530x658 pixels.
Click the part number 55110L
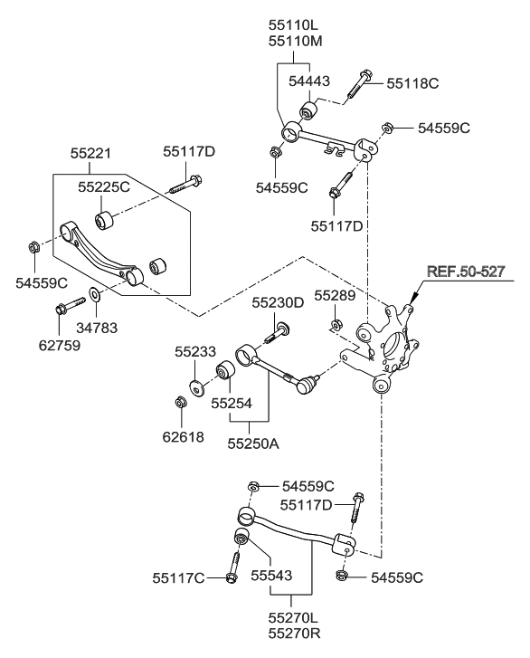(x=293, y=25)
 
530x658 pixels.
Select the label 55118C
(x=412, y=83)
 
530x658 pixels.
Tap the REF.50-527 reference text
(x=466, y=272)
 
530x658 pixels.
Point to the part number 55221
(x=90, y=153)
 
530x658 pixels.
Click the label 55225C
(x=104, y=187)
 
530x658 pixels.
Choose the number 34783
(x=97, y=328)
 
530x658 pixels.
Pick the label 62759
(x=59, y=346)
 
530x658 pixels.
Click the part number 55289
(x=335, y=295)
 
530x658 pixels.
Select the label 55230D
(x=278, y=302)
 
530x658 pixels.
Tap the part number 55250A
(x=253, y=443)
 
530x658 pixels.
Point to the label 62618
(x=184, y=437)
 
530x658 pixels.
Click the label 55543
(x=271, y=575)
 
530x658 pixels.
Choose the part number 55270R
(x=294, y=634)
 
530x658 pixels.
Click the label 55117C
(x=178, y=578)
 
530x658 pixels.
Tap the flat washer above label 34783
(x=94, y=294)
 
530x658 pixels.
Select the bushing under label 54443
(x=308, y=110)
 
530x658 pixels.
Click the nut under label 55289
(x=336, y=324)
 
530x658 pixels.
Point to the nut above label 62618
(x=181, y=402)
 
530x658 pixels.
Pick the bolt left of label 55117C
(x=232, y=567)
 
